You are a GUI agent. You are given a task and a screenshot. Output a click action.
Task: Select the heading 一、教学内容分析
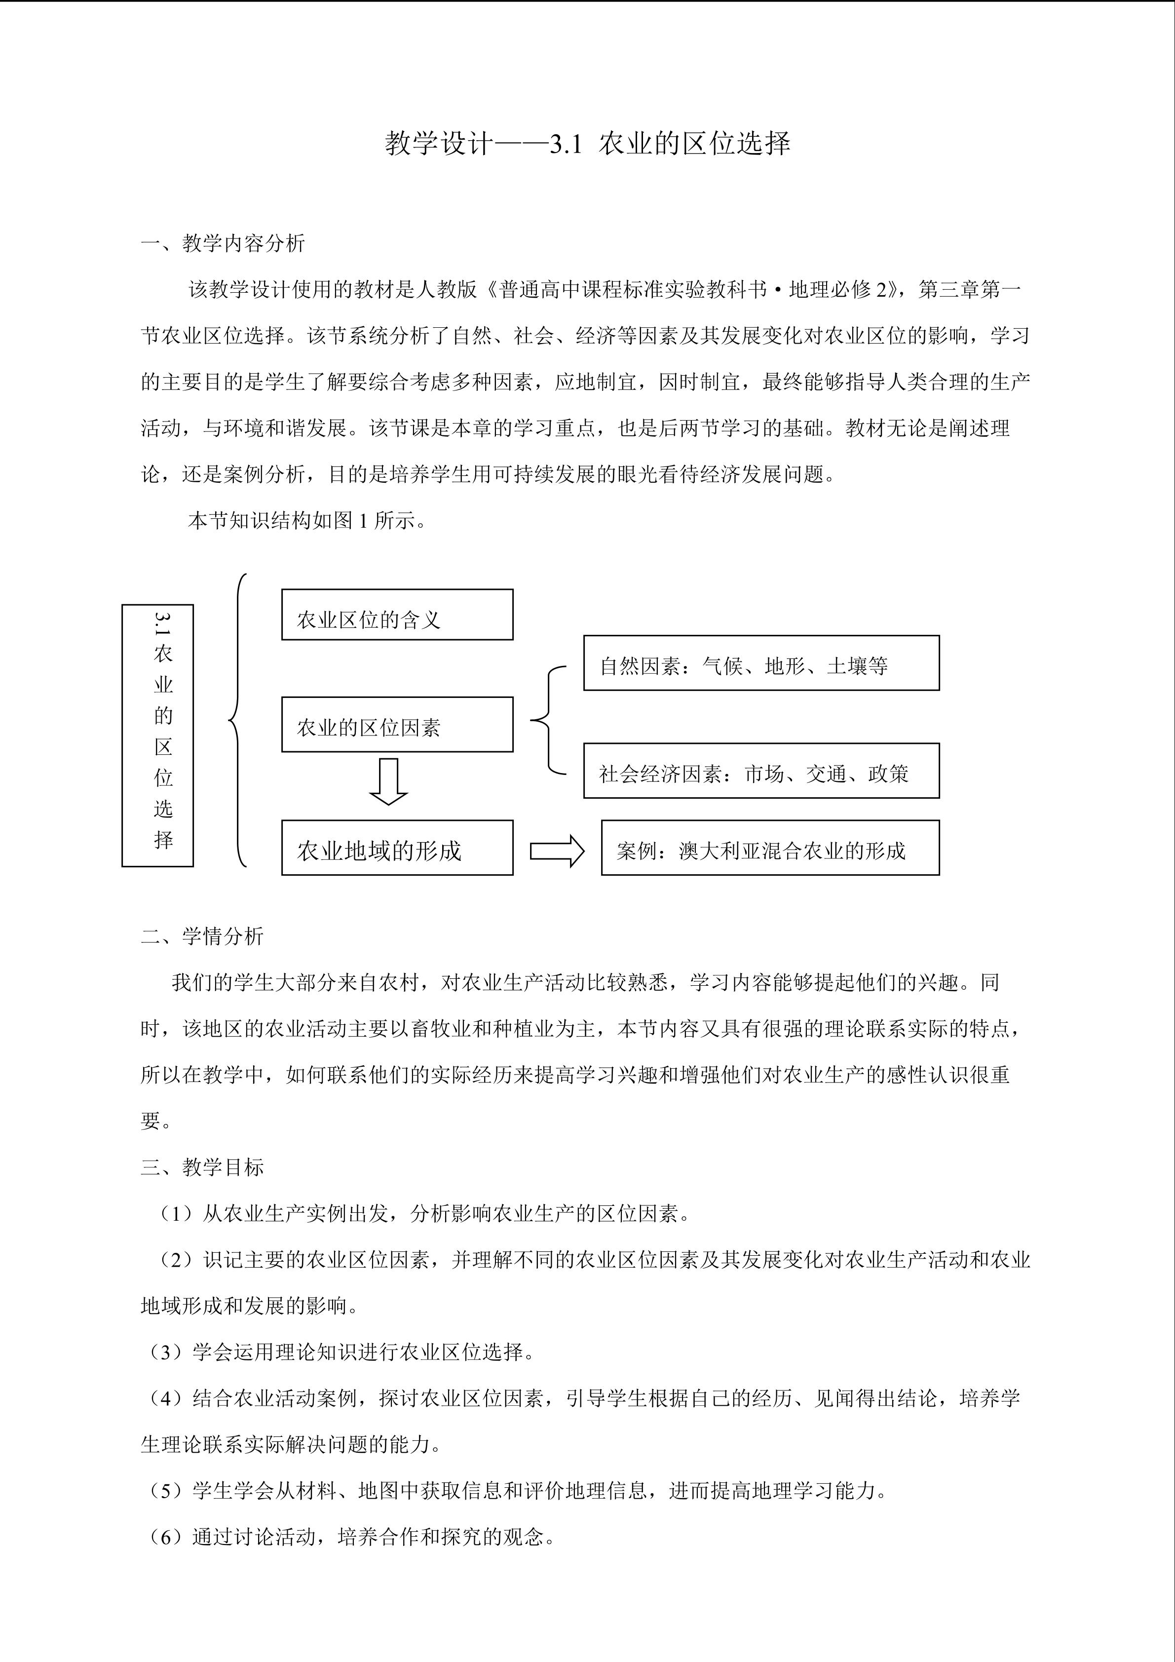223,243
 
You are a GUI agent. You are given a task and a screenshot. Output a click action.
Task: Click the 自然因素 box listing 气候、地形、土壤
761,663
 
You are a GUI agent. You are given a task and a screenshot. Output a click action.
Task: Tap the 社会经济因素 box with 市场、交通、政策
761,771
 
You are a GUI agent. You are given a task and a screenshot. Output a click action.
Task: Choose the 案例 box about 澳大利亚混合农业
770,848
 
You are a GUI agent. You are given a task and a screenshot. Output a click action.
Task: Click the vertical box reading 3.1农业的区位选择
158,735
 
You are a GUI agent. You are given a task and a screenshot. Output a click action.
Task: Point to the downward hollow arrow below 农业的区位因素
388,782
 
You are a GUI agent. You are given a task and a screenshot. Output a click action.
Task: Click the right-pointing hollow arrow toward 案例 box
556,850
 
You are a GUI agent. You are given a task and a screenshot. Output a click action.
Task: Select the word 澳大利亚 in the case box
708,850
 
